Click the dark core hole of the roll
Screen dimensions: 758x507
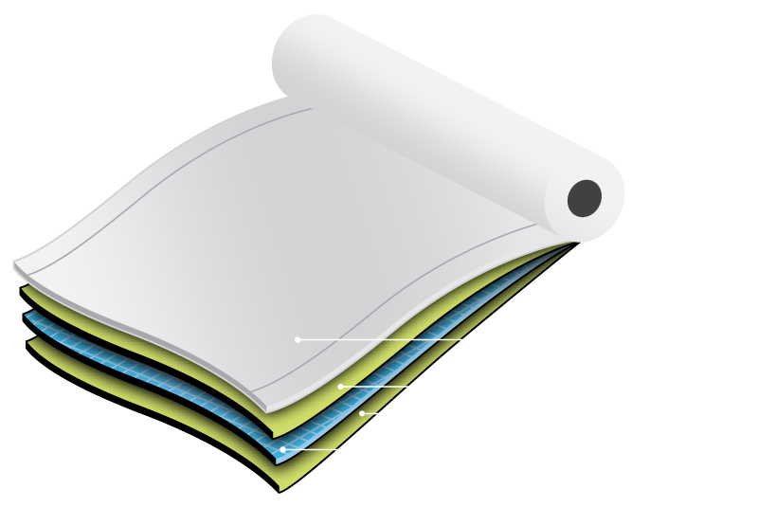pos(585,196)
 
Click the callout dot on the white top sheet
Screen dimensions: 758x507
pos(298,338)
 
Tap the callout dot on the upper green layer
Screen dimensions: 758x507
pos(340,387)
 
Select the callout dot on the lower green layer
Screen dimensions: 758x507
pos(362,413)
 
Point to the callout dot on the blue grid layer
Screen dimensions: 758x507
pos(283,448)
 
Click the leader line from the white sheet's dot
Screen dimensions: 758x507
pos(407,338)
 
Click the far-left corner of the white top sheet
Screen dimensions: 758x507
pos(17,263)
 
